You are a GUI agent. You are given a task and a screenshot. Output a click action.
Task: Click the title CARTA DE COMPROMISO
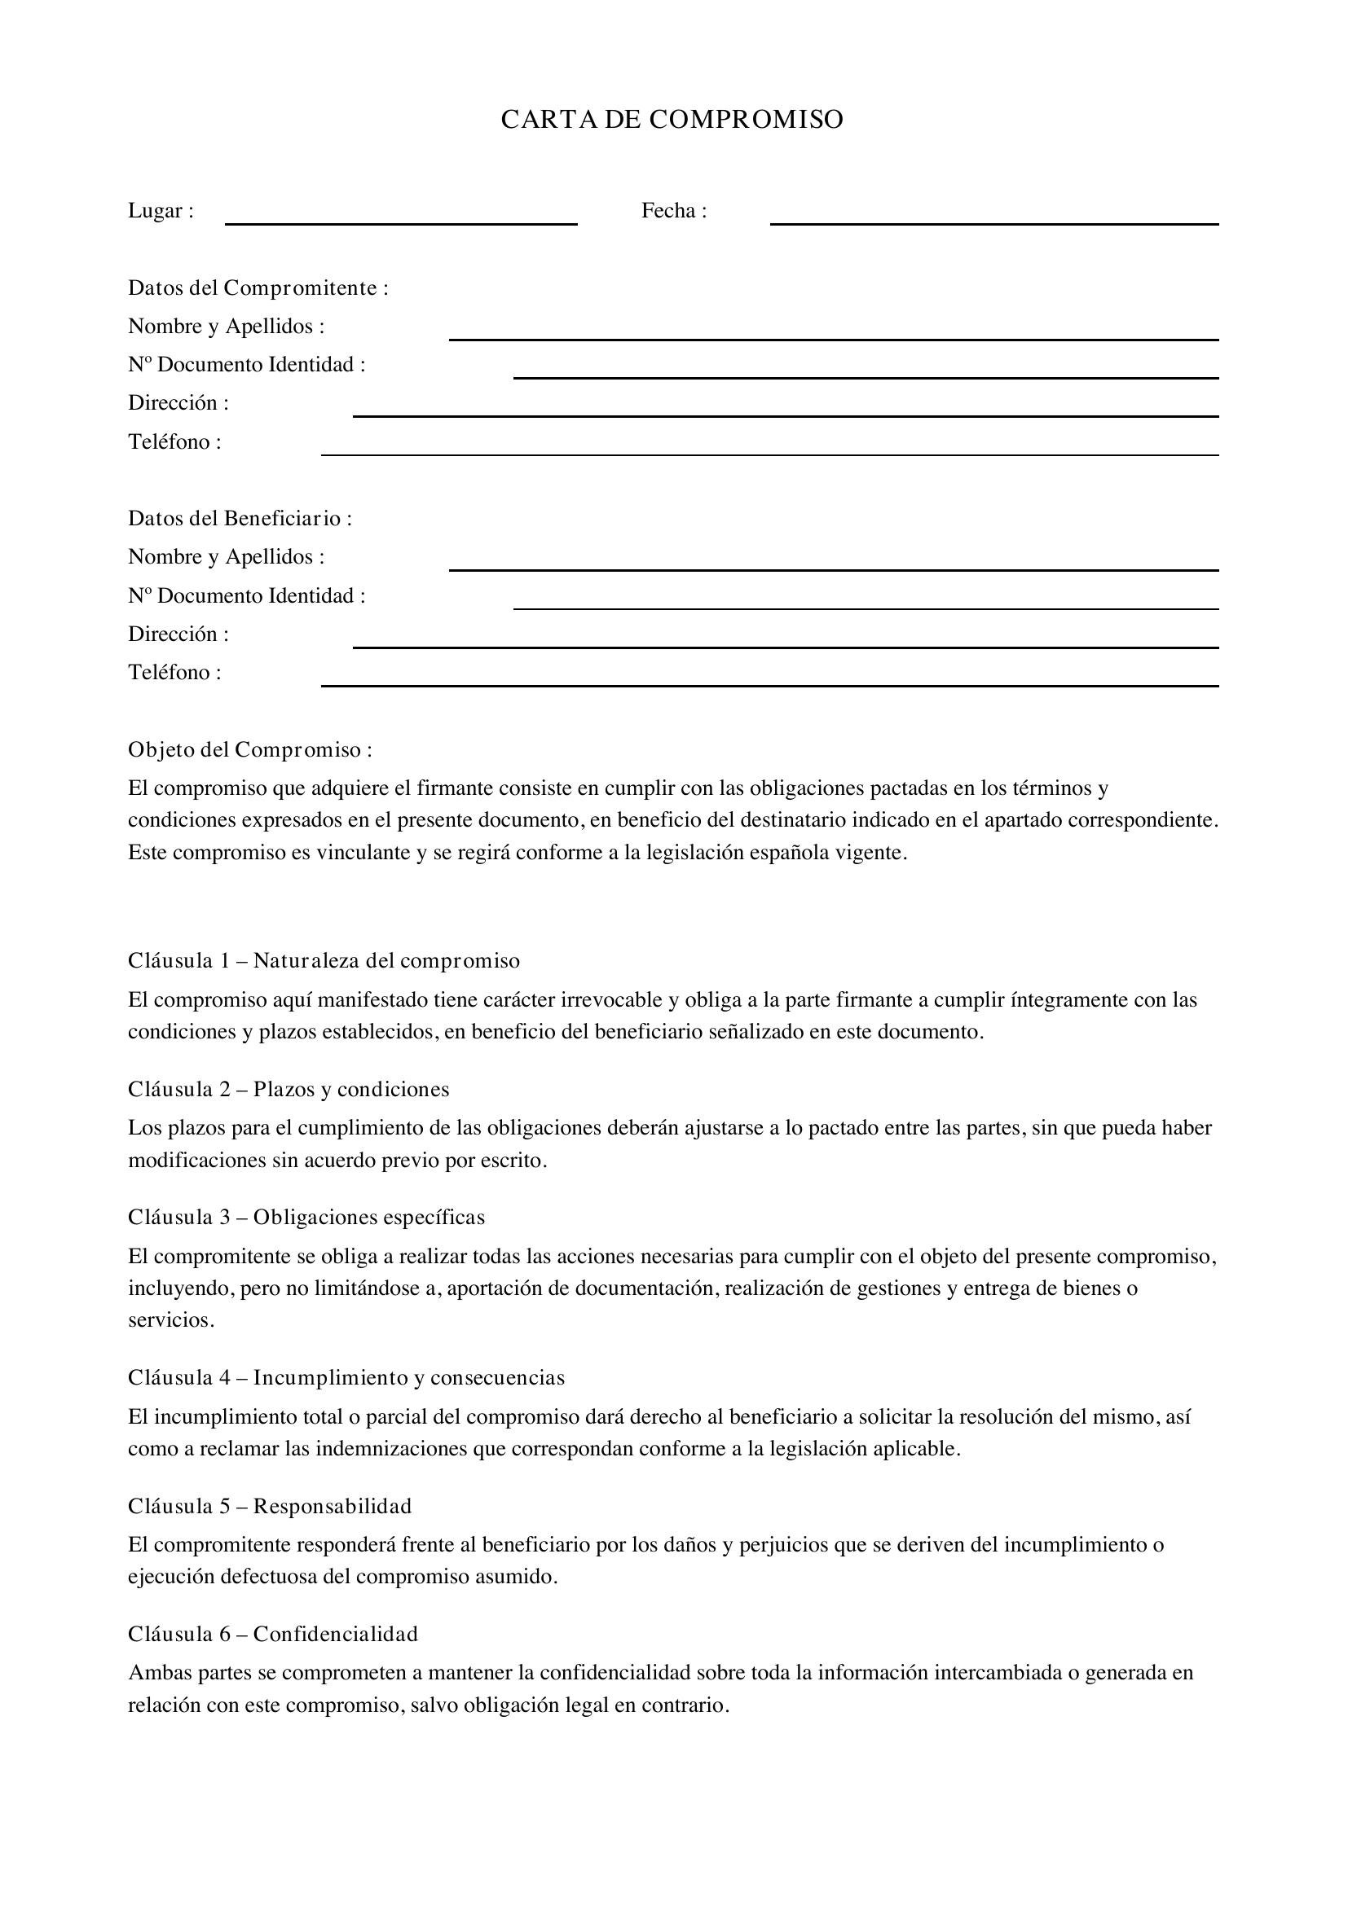[672, 120]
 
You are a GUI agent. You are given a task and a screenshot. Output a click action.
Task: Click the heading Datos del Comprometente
[258, 288]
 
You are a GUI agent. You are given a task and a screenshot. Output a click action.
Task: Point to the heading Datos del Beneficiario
[239, 519]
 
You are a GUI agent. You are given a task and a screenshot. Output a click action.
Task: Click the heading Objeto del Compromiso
[249, 749]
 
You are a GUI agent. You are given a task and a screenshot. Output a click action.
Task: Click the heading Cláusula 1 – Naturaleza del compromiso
[324, 961]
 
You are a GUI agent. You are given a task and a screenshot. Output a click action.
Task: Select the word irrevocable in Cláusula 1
[618, 1000]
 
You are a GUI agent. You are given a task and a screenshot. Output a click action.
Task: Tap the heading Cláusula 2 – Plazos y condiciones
[288, 1090]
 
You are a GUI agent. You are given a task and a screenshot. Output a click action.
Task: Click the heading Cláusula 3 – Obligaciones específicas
[306, 1217]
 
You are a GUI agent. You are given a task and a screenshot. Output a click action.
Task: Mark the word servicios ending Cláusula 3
[170, 1321]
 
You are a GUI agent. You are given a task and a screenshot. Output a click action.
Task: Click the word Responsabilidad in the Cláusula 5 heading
[332, 1506]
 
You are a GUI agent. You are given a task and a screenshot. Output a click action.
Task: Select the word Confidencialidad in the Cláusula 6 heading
[335, 1634]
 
